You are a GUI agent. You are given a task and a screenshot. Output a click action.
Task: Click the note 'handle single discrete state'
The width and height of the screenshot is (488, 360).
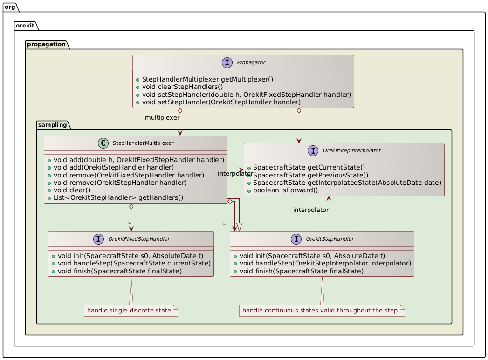pyautogui.click(x=131, y=310)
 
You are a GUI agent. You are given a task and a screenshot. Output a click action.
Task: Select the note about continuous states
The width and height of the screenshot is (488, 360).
pyautogui.click(x=322, y=310)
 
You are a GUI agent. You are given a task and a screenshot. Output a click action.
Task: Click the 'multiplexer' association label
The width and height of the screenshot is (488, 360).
pyautogui.click(x=162, y=117)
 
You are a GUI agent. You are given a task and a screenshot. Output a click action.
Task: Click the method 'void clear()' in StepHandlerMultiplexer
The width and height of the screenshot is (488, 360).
pyautogui.click(x=71, y=190)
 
